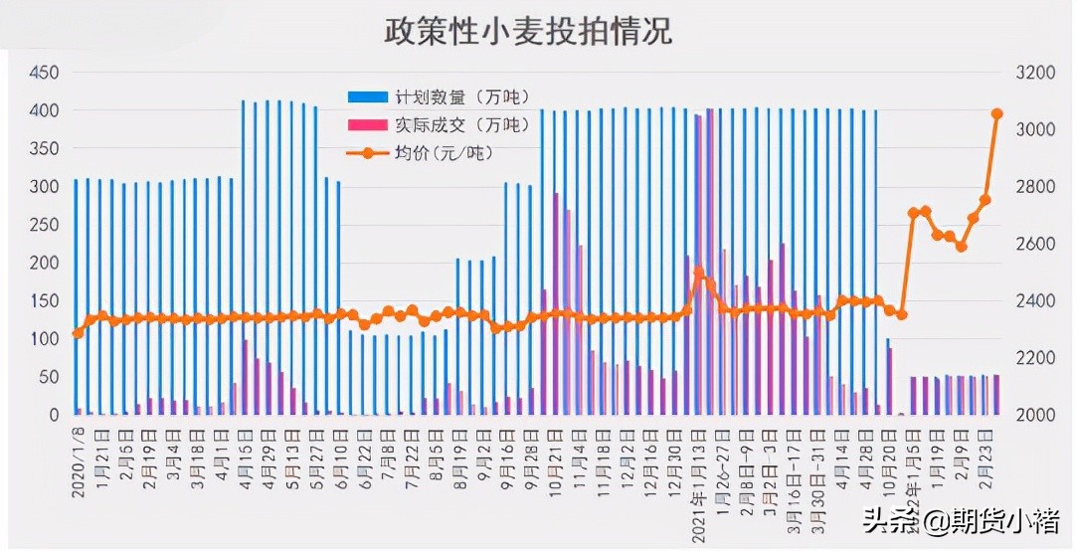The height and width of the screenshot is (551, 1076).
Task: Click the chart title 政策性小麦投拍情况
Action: [528, 30]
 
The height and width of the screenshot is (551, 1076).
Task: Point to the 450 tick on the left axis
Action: [45, 73]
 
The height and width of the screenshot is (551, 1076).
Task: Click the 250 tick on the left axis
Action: [45, 225]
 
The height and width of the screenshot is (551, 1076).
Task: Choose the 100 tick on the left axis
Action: [45, 339]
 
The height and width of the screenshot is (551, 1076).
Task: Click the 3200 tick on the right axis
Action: [1034, 73]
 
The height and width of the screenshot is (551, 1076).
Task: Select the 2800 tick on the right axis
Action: [1034, 187]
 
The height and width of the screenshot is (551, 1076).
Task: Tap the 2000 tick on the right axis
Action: [1034, 415]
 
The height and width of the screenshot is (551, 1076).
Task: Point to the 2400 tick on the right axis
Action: [1034, 300]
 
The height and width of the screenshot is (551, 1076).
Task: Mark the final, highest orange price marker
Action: [997, 113]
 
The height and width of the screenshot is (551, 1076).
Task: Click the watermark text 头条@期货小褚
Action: [959, 519]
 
